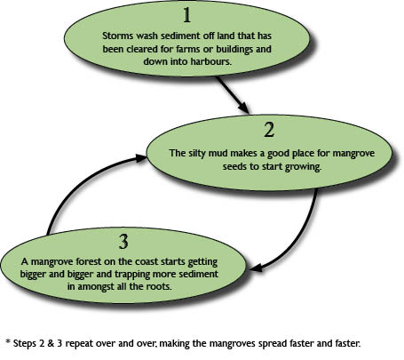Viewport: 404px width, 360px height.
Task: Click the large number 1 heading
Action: click(187, 15)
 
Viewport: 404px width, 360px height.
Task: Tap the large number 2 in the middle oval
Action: click(269, 130)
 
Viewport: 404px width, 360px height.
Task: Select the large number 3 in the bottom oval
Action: click(123, 242)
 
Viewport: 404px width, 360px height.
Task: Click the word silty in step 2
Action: click(197, 154)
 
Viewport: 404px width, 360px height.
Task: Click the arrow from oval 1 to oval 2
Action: click(233, 95)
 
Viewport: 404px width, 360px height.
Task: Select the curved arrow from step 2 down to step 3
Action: click(305, 241)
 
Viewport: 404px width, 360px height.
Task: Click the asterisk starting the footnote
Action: click(8, 341)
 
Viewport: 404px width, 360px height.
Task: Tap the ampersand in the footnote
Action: click(51, 344)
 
